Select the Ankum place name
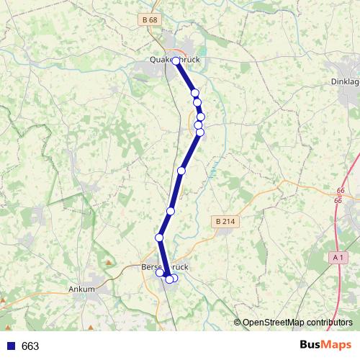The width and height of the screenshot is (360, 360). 81,289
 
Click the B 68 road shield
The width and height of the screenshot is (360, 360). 149,19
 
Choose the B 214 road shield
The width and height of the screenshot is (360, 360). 225,222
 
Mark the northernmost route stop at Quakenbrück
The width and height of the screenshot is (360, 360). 176,61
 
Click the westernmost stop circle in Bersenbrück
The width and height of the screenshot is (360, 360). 160,272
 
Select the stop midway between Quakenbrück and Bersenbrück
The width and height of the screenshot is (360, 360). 181,171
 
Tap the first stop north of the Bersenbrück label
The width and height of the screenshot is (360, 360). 159,238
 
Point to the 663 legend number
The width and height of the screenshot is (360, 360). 30,346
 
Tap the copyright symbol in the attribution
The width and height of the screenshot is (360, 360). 238,323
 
